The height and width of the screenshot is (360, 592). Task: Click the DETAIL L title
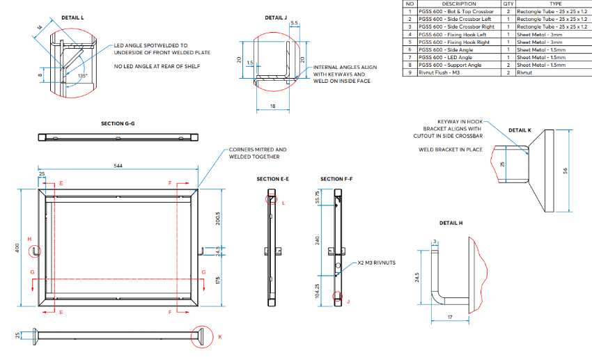(x=72, y=17)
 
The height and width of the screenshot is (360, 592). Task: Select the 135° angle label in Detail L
(x=82, y=76)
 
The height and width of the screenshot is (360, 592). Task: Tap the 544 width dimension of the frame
(x=118, y=166)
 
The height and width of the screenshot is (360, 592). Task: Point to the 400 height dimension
(x=17, y=248)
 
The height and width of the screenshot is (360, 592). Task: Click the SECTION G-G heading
(x=118, y=123)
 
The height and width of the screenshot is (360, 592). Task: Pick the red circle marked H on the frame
(x=35, y=251)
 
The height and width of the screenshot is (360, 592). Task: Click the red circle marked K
(x=202, y=336)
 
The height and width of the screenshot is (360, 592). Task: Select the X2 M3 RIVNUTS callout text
(x=376, y=263)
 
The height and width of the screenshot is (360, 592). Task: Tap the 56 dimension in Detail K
(x=566, y=171)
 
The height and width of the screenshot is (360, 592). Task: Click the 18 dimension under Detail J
(x=272, y=107)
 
